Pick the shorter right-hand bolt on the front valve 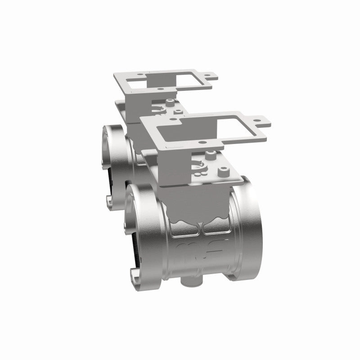223,171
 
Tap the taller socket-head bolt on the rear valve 169,102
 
